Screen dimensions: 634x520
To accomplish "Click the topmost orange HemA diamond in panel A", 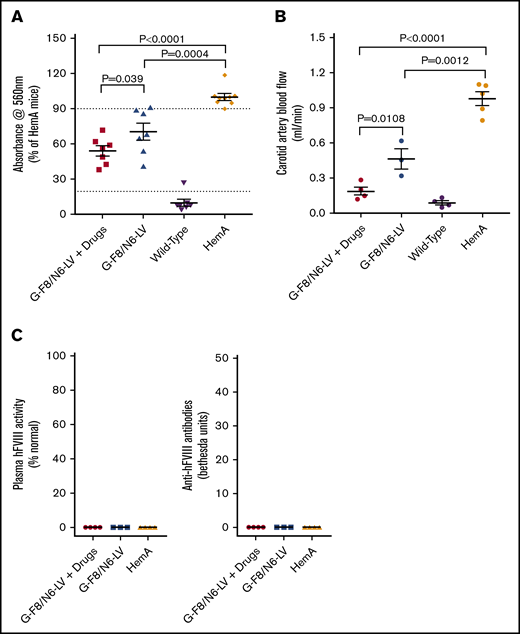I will (225, 75).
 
